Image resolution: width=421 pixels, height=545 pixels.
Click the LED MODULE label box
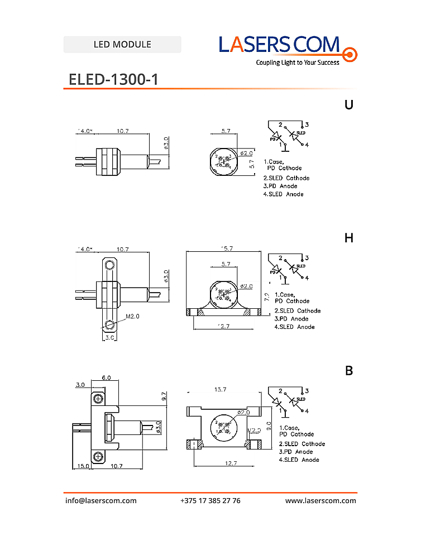point(122,45)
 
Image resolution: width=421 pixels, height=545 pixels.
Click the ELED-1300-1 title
point(113,79)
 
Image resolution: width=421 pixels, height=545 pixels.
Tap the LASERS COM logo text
point(279,45)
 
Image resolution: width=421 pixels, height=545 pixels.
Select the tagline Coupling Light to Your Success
point(298,63)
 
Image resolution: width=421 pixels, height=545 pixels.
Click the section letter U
point(349,104)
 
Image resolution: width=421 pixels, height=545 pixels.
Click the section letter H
point(349,238)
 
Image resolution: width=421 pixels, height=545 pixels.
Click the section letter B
point(349,371)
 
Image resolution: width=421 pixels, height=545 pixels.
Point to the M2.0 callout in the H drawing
point(132,316)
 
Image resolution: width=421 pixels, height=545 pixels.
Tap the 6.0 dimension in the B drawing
point(106,377)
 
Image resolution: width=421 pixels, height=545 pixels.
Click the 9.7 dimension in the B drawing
point(164,397)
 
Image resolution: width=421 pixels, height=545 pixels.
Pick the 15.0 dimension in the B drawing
point(84,466)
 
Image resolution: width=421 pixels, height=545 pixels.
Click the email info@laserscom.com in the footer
point(101,500)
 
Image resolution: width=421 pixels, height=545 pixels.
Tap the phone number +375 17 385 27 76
point(210,500)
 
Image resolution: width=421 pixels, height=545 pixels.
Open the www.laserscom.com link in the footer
point(320,500)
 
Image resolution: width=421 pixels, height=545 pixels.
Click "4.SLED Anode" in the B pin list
point(299,460)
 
